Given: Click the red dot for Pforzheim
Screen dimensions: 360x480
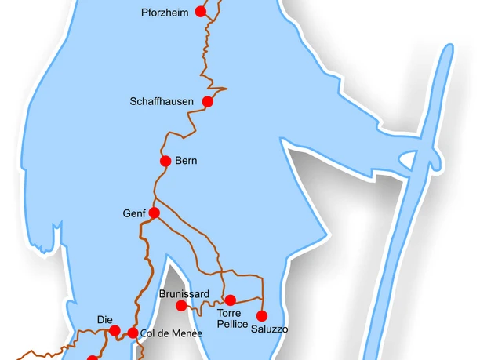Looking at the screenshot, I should click(x=201, y=12).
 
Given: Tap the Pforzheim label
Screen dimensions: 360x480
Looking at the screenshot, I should click(x=165, y=13).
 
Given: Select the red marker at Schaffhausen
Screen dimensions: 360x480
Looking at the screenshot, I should click(x=208, y=101).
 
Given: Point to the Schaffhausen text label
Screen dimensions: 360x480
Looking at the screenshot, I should click(x=162, y=102).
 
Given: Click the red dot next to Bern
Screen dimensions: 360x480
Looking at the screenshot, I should click(x=165, y=161).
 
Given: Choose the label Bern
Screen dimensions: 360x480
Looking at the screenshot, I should click(x=187, y=162).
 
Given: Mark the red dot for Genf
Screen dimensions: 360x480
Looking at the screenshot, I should click(x=155, y=213).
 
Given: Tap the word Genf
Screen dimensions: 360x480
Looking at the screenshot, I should click(x=135, y=213).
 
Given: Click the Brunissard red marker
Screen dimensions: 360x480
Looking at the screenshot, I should click(x=181, y=305).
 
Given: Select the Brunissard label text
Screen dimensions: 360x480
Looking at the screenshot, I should click(x=184, y=293).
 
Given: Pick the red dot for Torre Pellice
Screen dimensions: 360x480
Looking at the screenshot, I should click(x=231, y=300).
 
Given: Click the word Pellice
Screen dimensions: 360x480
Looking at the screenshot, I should click(x=232, y=324).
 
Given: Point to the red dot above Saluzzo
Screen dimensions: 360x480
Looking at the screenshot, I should click(x=262, y=315).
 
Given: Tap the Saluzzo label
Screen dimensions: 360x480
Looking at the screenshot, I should click(x=269, y=329).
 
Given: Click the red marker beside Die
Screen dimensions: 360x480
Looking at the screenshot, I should click(x=115, y=330).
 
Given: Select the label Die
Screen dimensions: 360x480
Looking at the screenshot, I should click(x=105, y=319).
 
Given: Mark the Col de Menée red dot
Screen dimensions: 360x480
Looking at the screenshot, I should click(x=133, y=333).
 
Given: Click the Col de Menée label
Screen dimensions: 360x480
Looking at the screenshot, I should click(x=171, y=333).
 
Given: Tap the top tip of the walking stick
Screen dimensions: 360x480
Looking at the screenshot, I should click(x=448, y=47).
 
